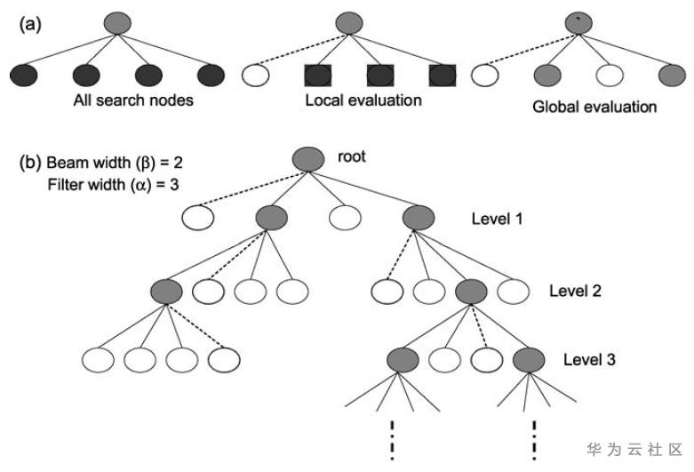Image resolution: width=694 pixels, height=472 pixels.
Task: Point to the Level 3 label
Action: click(x=589, y=361)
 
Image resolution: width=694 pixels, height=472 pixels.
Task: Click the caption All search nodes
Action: click(x=133, y=100)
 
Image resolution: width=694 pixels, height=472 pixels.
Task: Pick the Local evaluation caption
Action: click(x=363, y=100)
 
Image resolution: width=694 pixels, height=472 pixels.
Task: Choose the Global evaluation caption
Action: click(x=594, y=107)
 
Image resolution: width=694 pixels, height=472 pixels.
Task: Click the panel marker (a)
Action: click(x=31, y=24)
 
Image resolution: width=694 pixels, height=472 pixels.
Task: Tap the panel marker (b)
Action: click(x=31, y=163)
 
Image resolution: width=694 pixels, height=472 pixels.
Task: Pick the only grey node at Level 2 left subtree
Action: click(x=166, y=290)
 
